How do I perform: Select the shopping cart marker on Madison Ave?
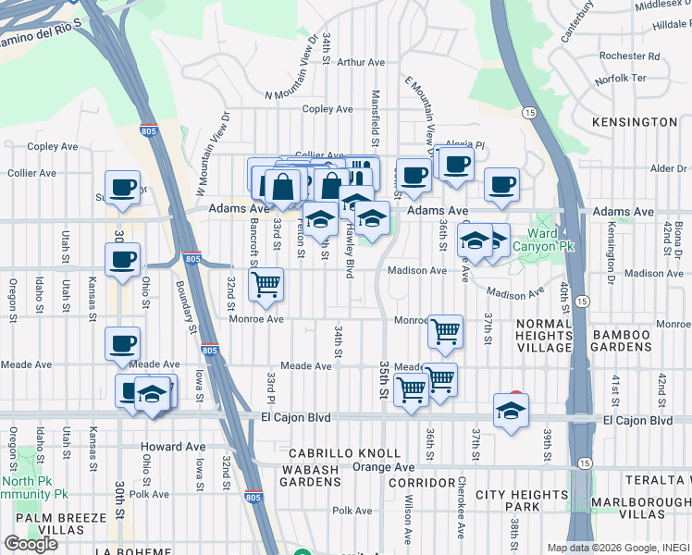click(266, 287)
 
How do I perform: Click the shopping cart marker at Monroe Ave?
click(446, 332)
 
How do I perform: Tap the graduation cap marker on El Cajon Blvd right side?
click(511, 413)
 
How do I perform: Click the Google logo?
click(31, 544)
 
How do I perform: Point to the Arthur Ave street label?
click(361, 63)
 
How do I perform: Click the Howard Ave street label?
click(173, 447)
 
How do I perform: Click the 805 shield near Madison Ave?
click(192, 256)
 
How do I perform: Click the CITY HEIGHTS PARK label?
click(521, 501)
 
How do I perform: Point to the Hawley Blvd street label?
click(351, 254)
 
